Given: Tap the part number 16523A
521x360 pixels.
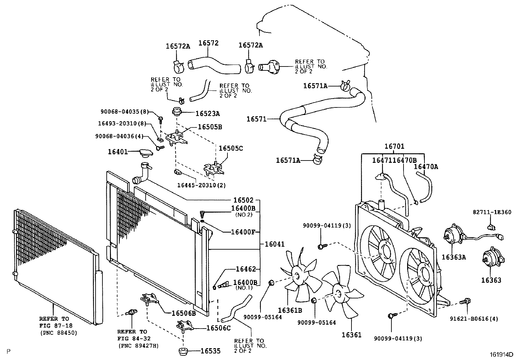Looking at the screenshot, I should (x=207, y=114).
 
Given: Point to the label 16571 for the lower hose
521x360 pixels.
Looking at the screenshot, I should (x=257, y=119).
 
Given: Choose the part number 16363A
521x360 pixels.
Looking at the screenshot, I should (x=454, y=257).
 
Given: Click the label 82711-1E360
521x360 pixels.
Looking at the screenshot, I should (x=492, y=212).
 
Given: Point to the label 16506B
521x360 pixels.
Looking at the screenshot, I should (x=184, y=313).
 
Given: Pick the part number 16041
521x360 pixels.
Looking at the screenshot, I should (x=275, y=244).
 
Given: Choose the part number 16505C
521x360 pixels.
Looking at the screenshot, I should (x=231, y=148).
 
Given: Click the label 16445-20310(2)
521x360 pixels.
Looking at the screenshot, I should (x=201, y=185).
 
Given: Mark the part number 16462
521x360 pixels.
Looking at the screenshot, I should (x=245, y=269).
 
